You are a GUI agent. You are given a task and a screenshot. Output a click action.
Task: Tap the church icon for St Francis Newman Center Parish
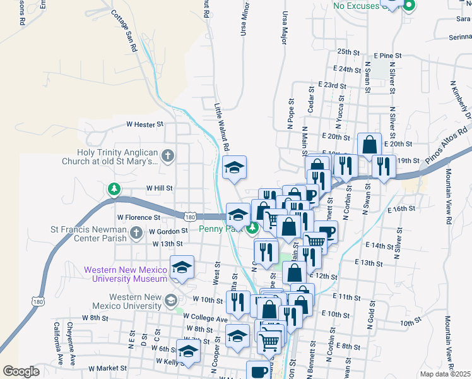click(136, 234)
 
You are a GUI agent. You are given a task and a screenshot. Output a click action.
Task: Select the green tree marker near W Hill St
click(114, 189)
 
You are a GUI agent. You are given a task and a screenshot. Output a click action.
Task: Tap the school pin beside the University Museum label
click(182, 268)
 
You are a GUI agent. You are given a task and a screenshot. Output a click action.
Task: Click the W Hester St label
click(145, 125)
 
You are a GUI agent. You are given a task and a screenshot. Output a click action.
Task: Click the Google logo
click(21, 371)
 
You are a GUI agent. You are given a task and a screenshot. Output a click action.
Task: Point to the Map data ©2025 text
click(445, 374)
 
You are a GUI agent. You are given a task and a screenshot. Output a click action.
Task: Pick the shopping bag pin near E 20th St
click(369, 145)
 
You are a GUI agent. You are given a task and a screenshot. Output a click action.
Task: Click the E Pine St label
click(387, 57)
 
